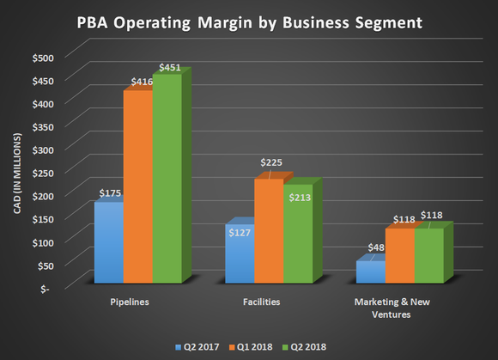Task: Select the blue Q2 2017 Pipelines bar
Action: tap(108, 242)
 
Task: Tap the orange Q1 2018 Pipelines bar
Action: tap(137, 186)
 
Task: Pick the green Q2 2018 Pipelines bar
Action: tap(167, 179)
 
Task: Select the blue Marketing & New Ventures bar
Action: tap(371, 272)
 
